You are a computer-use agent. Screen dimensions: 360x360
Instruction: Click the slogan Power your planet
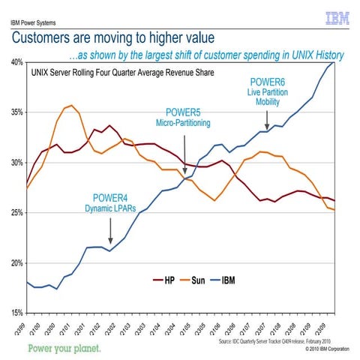click(x=63, y=349)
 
